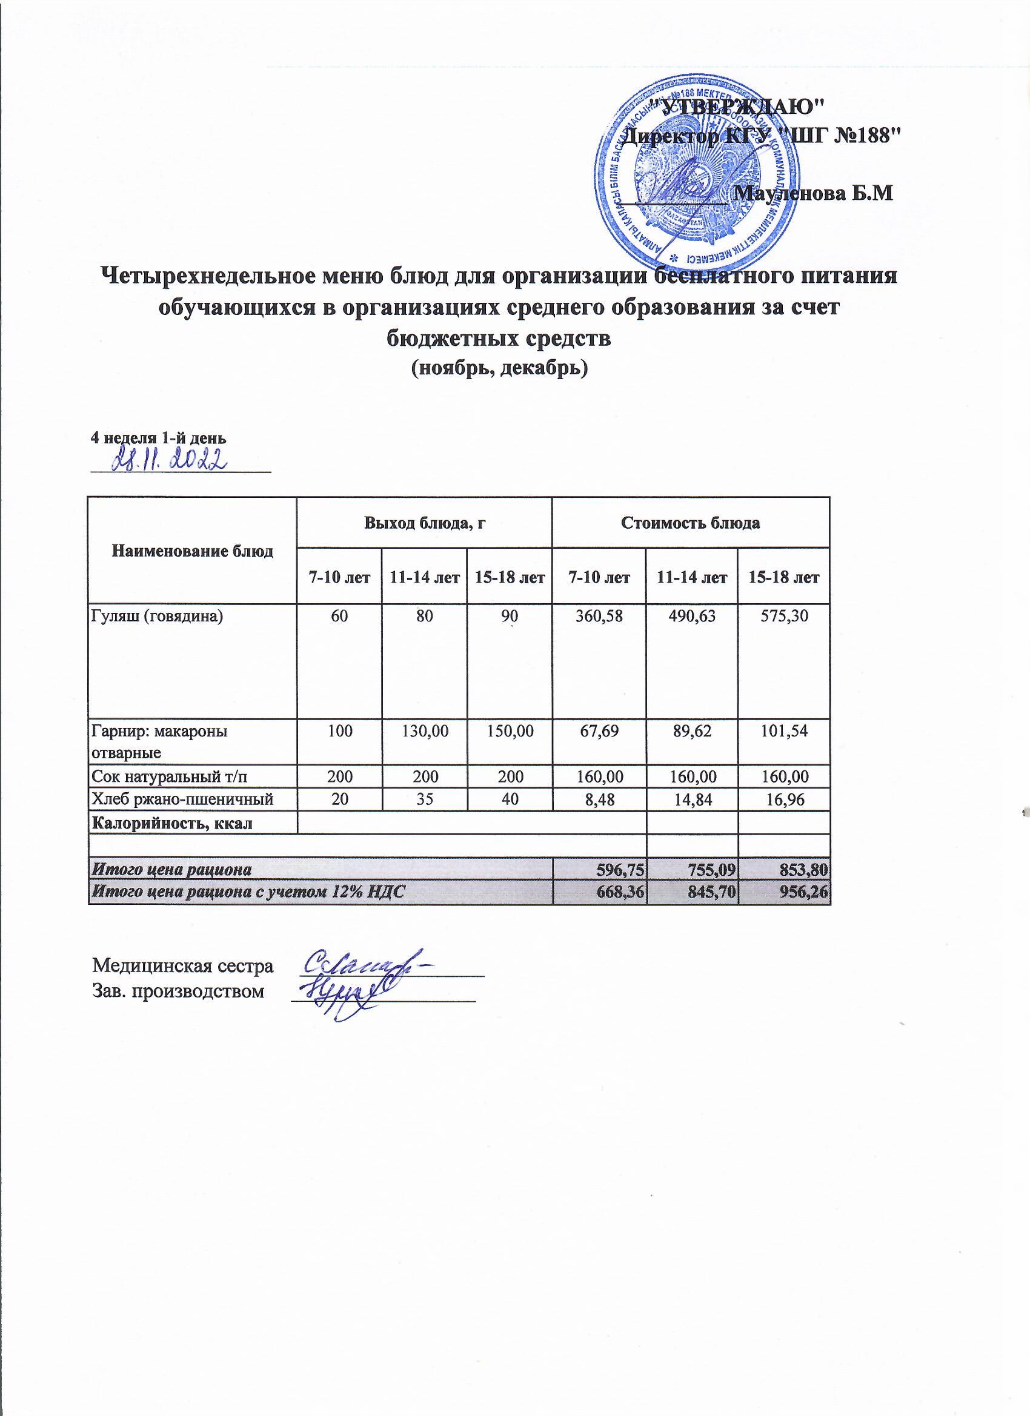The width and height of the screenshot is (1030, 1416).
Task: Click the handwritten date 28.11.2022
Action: tap(169, 460)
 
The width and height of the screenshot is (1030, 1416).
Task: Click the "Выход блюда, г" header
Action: tap(425, 523)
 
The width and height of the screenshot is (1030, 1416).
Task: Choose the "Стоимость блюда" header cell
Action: tap(690, 523)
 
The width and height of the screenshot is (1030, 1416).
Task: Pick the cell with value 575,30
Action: tap(783, 616)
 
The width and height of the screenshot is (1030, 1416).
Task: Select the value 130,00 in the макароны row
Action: tap(425, 730)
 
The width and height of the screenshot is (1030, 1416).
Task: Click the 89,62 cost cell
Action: tap(691, 730)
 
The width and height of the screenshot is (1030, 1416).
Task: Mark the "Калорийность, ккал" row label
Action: tap(173, 823)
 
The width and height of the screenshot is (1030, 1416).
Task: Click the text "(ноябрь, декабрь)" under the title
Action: tap(499, 368)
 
